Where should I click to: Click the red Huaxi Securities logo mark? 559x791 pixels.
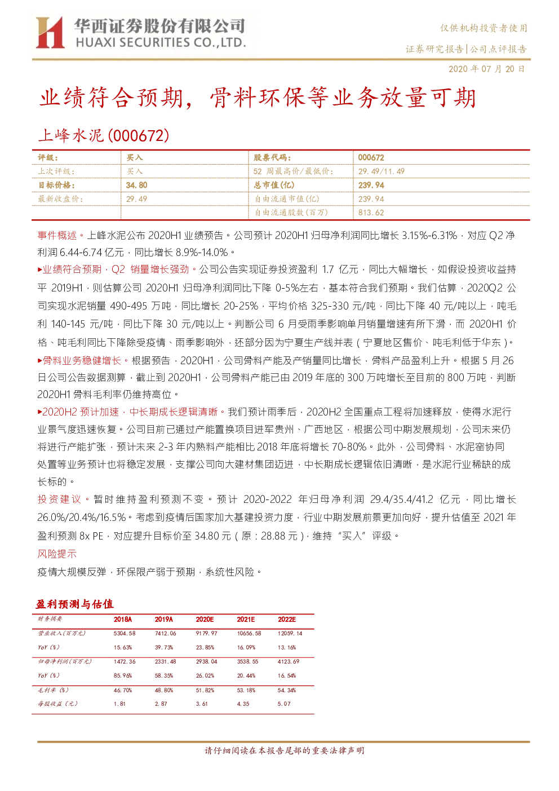[50, 33]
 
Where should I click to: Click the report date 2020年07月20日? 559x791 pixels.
[486, 69]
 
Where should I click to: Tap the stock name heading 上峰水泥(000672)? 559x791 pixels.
[103, 136]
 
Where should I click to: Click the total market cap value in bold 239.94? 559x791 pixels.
[371, 185]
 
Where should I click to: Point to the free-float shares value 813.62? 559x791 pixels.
[371, 213]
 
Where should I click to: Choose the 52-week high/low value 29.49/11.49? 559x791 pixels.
[381, 171]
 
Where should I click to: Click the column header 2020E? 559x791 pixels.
[205, 620]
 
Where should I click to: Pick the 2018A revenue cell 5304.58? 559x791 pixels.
[124, 633]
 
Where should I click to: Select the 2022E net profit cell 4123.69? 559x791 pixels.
[289, 661]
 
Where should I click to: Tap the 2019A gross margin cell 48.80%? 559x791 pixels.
[164, 690]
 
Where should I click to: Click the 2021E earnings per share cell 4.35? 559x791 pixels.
[243, 704]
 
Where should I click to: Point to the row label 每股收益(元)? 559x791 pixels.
[57, 704]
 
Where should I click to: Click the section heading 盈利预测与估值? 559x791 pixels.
[74, 604]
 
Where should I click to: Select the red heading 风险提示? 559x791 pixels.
[57, 554]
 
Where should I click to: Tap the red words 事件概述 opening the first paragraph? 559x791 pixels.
[57, 235]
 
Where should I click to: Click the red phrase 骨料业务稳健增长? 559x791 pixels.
[82, 360]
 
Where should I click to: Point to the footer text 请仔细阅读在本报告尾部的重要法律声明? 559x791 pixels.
[284, 750]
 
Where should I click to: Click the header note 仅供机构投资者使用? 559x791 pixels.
[483, 28]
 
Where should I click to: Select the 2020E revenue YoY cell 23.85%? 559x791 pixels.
[205, 647]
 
